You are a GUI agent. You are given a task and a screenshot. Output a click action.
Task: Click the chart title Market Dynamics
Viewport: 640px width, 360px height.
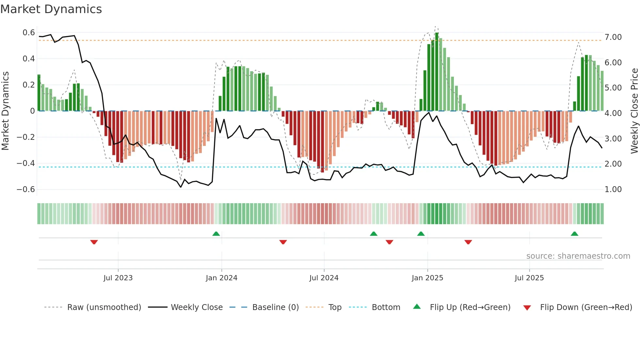[51, 9]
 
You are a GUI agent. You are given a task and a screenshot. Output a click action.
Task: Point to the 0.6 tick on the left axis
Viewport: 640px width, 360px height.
[29, 33]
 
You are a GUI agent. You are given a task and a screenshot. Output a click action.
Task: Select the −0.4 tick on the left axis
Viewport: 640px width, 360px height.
[26, 163]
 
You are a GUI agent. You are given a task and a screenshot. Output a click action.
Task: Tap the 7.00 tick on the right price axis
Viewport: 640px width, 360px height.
[613, 37]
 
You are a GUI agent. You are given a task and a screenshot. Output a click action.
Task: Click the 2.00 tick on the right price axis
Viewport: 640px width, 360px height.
[613, 164]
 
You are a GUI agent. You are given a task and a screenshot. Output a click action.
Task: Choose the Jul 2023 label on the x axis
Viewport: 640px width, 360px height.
[118, 278]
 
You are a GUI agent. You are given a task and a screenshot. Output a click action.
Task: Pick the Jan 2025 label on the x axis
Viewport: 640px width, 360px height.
[427, 278]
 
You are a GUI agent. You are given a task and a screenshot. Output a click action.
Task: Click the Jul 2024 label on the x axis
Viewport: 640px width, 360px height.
[324, 278]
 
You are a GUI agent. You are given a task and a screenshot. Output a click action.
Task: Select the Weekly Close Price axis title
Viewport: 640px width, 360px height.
[634, 111]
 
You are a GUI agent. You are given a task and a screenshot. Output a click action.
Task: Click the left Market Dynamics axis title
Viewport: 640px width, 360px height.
[5, 111]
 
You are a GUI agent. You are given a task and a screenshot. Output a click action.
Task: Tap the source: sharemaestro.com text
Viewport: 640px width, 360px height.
[578, 256]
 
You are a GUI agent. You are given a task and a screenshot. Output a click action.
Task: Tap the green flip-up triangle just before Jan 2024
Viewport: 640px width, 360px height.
[216, 234]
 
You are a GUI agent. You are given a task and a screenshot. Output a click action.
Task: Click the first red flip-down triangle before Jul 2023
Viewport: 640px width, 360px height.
[94, 242]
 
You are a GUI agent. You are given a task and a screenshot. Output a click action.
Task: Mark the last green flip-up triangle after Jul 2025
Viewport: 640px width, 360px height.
[574, 234]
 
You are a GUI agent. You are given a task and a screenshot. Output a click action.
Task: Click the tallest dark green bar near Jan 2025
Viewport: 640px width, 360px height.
[437, 72]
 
